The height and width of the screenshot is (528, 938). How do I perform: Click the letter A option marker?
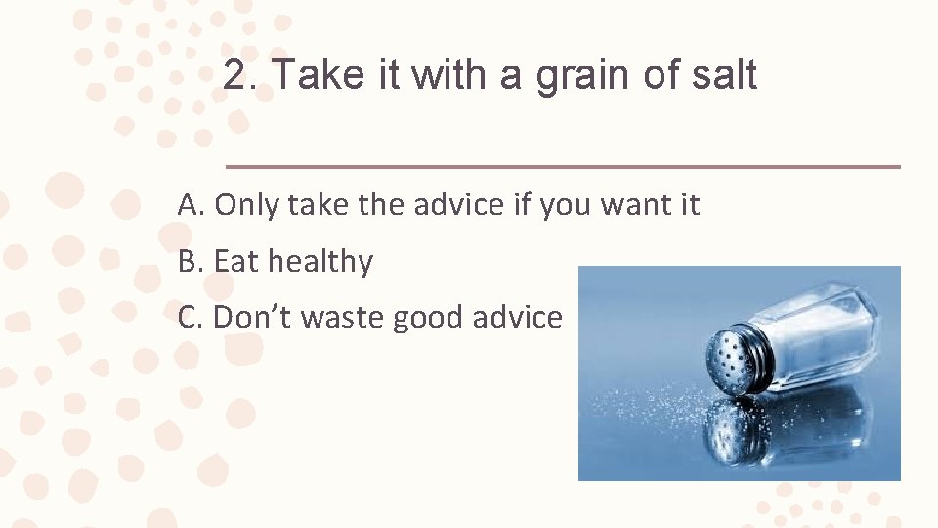pos(190,205)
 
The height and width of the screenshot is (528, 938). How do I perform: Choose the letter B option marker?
pos(189,262)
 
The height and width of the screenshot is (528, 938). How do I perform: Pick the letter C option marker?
pos(190,318)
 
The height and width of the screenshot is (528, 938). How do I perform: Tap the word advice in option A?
pos(457,205)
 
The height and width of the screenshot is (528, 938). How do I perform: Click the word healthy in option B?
pos(320,263)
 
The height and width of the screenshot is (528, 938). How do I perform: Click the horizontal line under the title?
pos(563,167)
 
